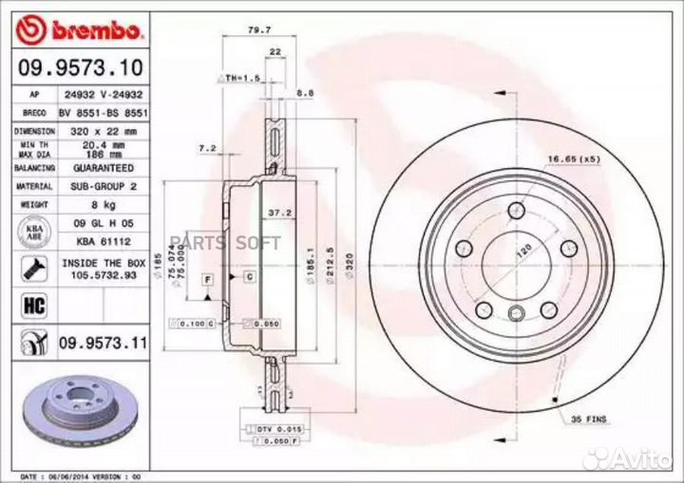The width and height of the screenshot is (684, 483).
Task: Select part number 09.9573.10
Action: [80, 68]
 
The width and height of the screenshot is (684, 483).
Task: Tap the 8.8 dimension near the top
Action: [306, 92]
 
